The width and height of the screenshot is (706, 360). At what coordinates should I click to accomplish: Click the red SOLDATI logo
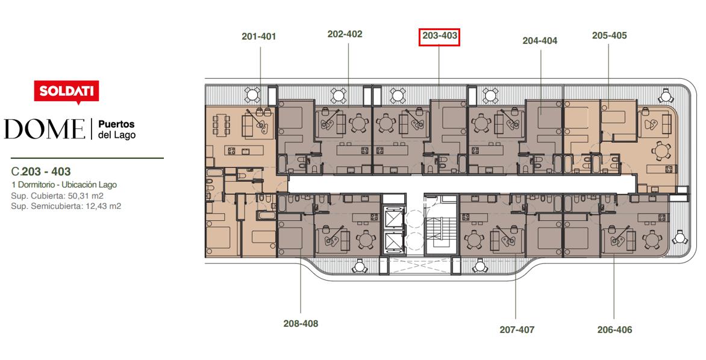67,92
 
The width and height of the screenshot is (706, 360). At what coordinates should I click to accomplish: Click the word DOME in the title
45,129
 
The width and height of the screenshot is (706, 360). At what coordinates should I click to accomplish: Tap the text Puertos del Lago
117,129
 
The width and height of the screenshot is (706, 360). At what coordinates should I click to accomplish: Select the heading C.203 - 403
41,172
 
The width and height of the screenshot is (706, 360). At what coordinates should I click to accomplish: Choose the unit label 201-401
258,37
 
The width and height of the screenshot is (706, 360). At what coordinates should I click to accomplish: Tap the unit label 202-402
345,34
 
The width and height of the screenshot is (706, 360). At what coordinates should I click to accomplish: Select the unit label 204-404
540,40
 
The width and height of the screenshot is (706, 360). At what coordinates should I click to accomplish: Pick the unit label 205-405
609,35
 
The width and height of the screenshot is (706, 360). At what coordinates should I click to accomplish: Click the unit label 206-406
614,330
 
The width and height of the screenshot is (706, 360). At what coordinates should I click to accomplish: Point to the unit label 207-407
517,330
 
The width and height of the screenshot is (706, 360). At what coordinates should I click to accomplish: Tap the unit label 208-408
301,323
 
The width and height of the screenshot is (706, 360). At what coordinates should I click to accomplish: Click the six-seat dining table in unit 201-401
221,126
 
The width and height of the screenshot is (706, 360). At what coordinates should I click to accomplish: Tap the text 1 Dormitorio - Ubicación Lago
64,185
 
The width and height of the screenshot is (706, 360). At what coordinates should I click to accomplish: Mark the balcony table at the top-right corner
665,96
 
